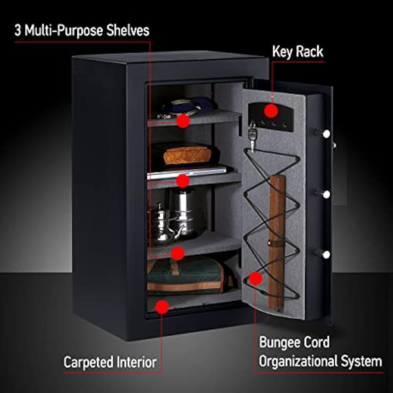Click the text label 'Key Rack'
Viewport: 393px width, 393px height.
pyautogui.click(x=298, y=51)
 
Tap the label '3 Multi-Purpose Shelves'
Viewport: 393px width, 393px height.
pyautogui.click(x=82, y=31)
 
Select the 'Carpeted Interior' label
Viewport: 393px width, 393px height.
pyautogui.click(x=110, y=362)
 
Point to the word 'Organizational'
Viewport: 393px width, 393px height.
pyautogui.click(x=299, y=361)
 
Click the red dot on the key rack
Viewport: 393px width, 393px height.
pyautogui.click(x=271, y=111)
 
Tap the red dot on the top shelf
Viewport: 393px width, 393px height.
pyautogui.click(x=183, y=121)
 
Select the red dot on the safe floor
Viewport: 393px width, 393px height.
pyautogui.click(x=162, y=307)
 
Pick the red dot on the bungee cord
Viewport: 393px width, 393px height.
pyautogui.click(x=256, y=279)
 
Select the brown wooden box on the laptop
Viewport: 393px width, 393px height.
pyautogui.click(x=187, y=155)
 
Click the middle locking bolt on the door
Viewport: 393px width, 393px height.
pyautogui.click(x=325, y=194)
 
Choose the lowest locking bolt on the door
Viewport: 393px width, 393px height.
pyautogui.click(x=325, y=253)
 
